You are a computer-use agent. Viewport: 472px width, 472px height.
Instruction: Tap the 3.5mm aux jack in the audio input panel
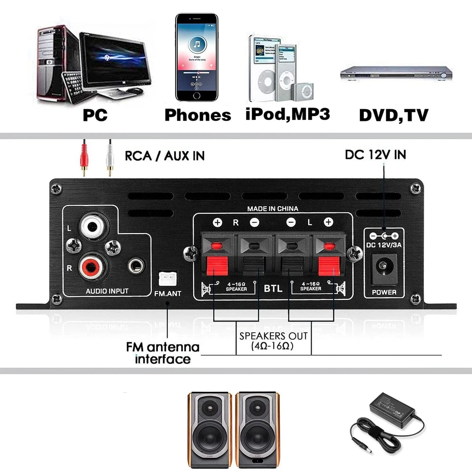[x=135, y=266]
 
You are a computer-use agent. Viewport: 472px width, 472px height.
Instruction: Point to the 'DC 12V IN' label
[x=375, y=155]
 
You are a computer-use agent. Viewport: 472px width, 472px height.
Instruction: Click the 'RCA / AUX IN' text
[x=164, y=156]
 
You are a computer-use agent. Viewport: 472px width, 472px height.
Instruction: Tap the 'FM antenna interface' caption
[x=163, y=353]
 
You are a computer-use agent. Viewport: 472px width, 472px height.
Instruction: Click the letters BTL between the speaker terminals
[x=273, y=288]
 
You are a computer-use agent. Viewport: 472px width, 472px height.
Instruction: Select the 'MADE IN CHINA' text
[x=272, y=208]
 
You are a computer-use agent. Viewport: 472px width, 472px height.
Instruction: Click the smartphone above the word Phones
[x=197, y=58]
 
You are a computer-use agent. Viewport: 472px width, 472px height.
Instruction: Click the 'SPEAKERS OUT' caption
[x=273, y=336]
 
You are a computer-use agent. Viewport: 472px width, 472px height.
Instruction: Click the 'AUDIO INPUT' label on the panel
[x=107, y=291]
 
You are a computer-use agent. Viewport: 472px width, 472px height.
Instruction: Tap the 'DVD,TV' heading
[x=393, y=115]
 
